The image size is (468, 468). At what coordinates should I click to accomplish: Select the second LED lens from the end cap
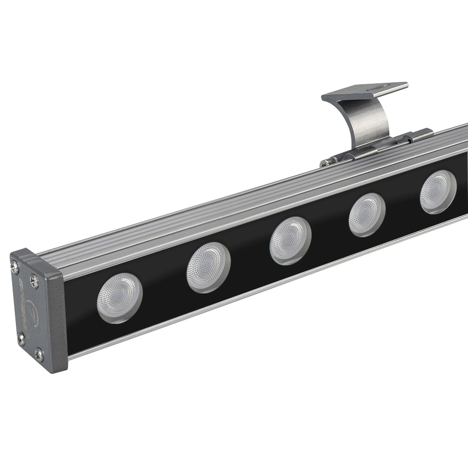208,268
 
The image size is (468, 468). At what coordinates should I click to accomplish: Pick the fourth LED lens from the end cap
367,214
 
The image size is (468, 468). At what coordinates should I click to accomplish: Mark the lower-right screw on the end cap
39,354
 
